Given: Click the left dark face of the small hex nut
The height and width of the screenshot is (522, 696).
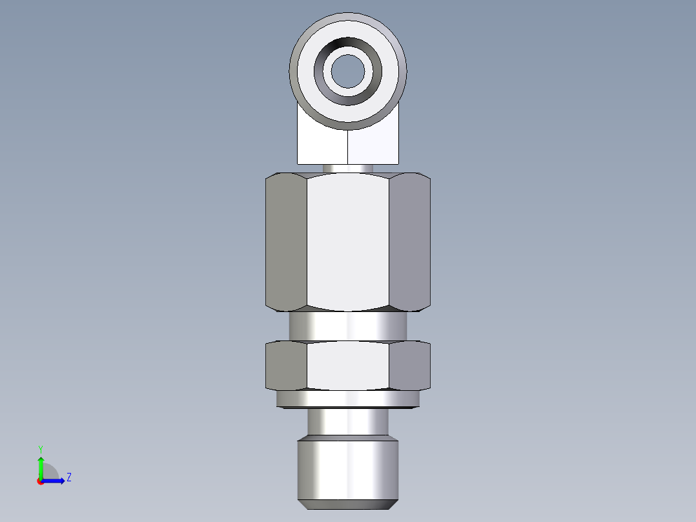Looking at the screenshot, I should click(x=286, y=366).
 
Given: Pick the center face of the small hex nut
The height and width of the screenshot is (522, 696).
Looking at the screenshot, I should click(x=348, y=366).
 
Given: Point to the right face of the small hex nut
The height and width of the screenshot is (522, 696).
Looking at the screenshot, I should click(x=410, y=366).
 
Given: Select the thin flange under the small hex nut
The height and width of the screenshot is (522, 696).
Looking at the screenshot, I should click(x=348, y=400).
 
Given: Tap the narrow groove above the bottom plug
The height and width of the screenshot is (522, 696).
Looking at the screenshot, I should click(x=348, y=423).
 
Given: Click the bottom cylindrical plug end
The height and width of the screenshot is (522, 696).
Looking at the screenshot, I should click(x=348, y=470).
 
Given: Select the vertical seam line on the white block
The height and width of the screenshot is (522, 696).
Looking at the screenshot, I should click(x=349, y=147).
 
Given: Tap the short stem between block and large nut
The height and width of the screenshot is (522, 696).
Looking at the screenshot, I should click(x=348, y=168).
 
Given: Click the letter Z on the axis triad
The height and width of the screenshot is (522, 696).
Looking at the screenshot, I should click(x=68, y=477).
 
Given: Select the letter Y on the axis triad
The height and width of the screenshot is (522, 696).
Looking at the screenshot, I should click(x=40, y=448).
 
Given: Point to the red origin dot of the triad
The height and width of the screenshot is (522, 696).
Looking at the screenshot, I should click(x=40, y=481).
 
